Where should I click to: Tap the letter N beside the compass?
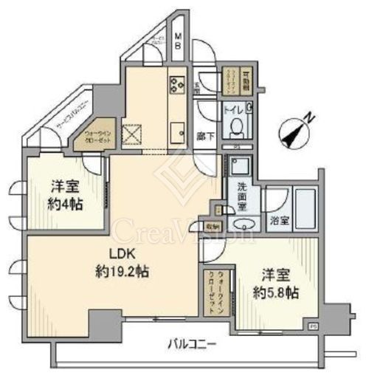point(312,118)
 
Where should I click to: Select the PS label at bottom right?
point(313,325)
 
